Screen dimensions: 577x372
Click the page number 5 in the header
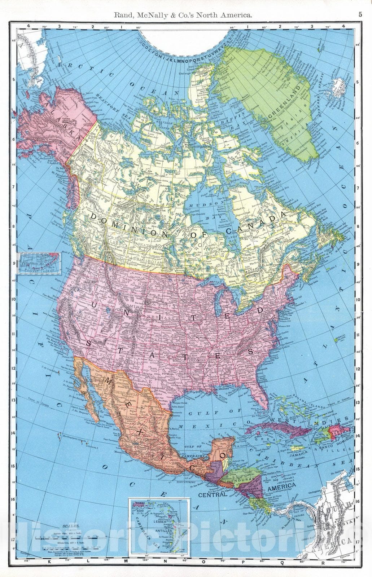360,15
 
